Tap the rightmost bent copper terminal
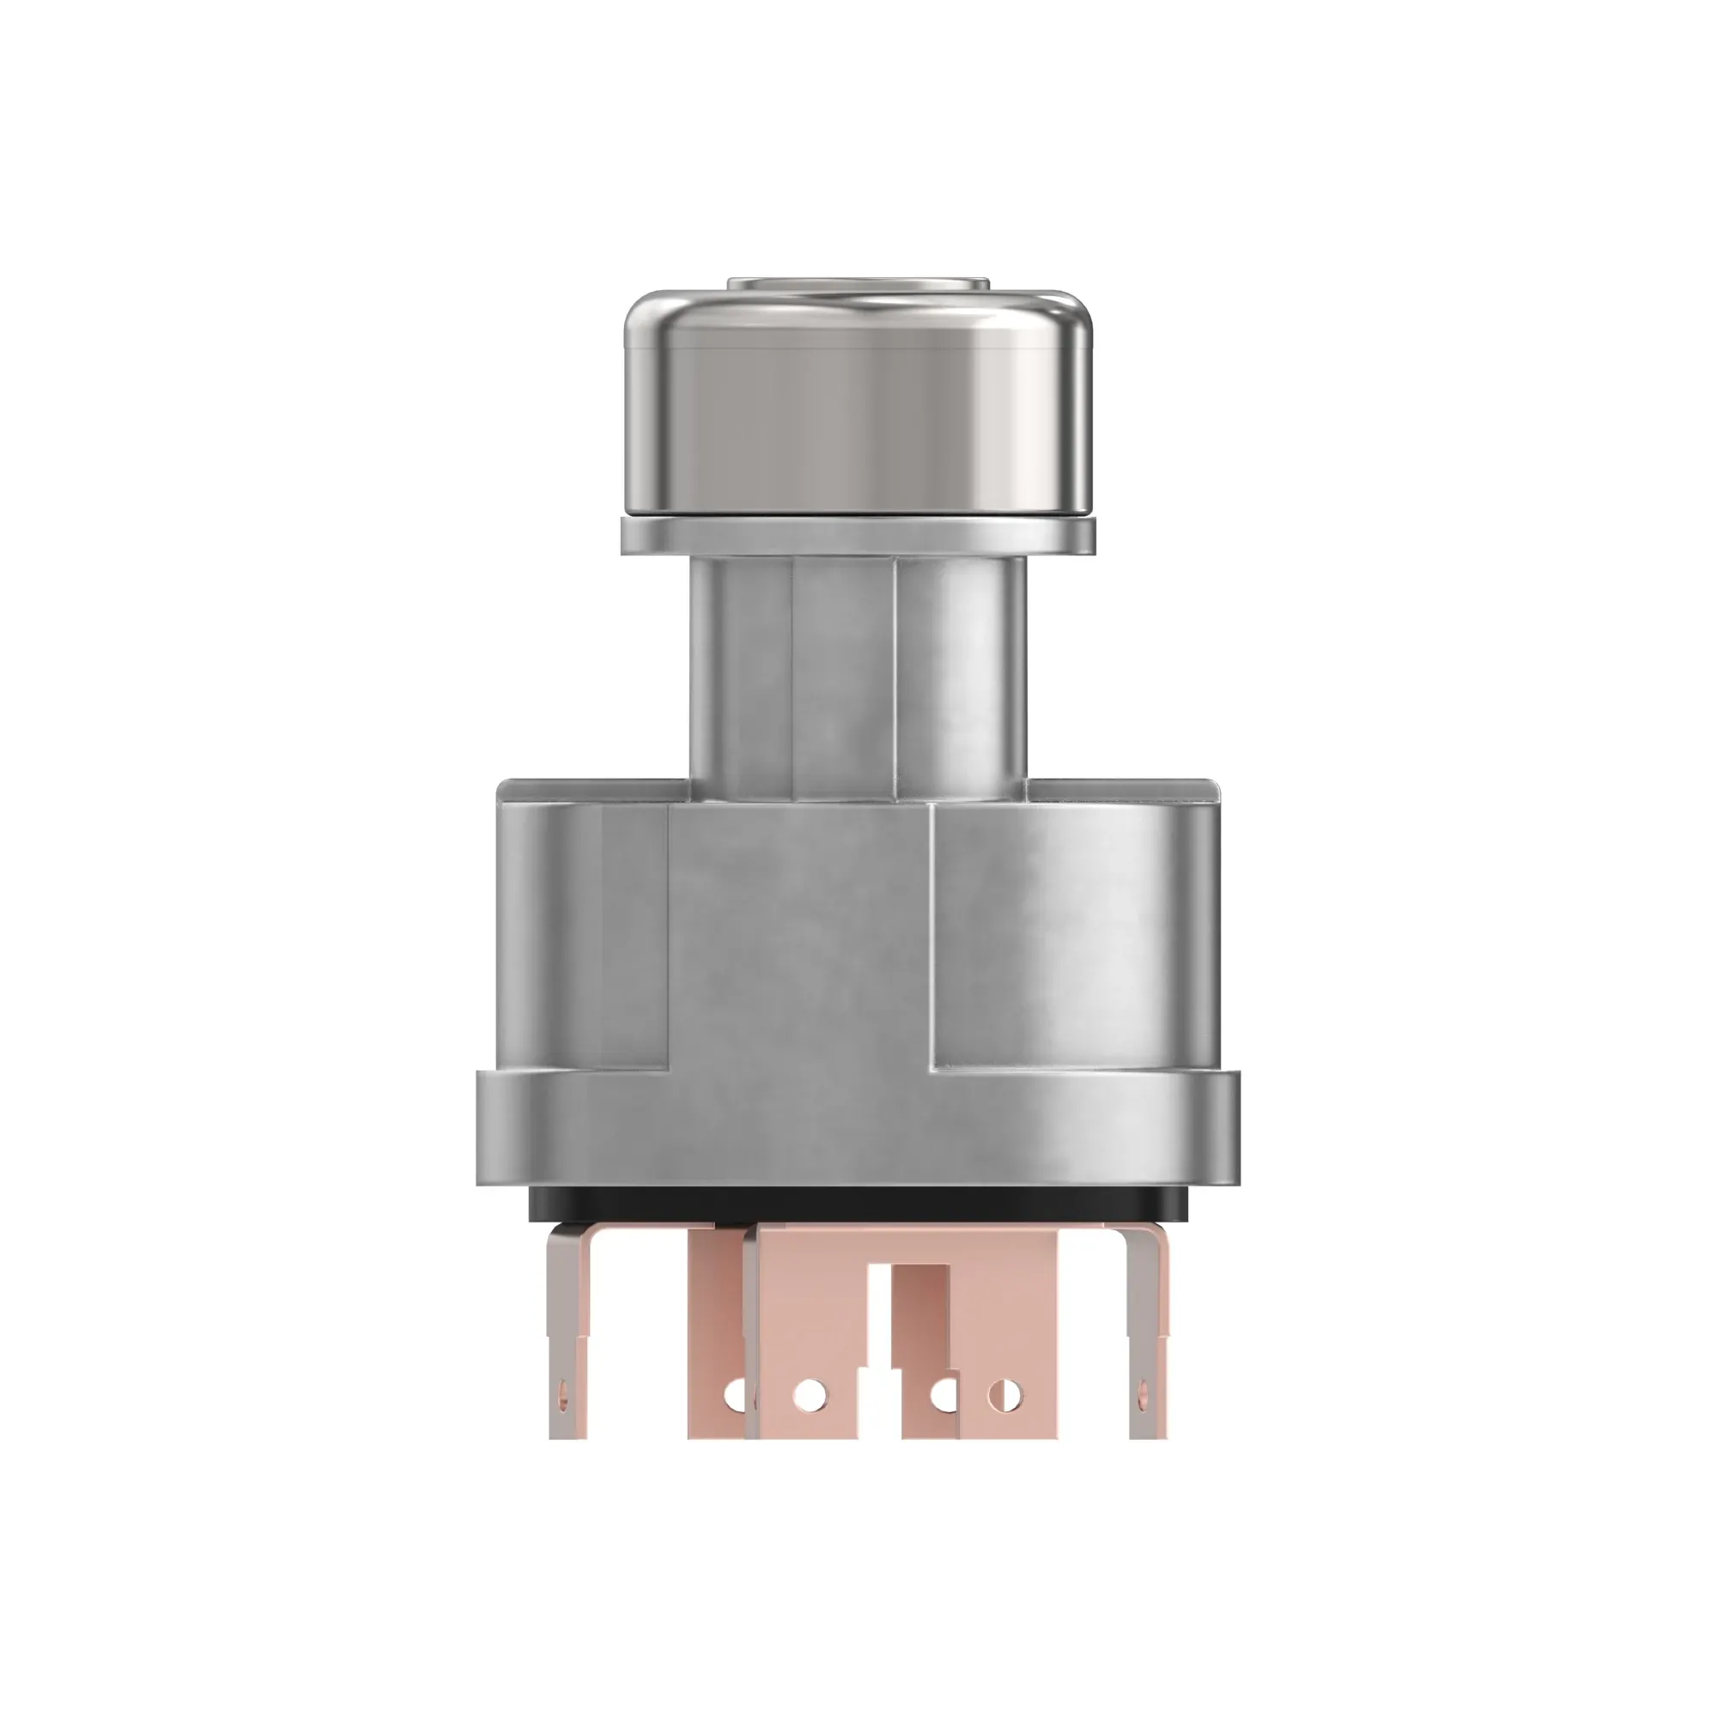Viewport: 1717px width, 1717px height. (x=1146, y=1333)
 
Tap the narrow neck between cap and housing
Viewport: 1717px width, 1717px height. (x=858, y=676)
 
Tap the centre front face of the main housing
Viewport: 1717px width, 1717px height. (x=800, y=933)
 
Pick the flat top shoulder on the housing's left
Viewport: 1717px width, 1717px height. (x=591, y=787)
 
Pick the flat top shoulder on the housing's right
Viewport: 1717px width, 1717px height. (x=1119, y=787)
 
